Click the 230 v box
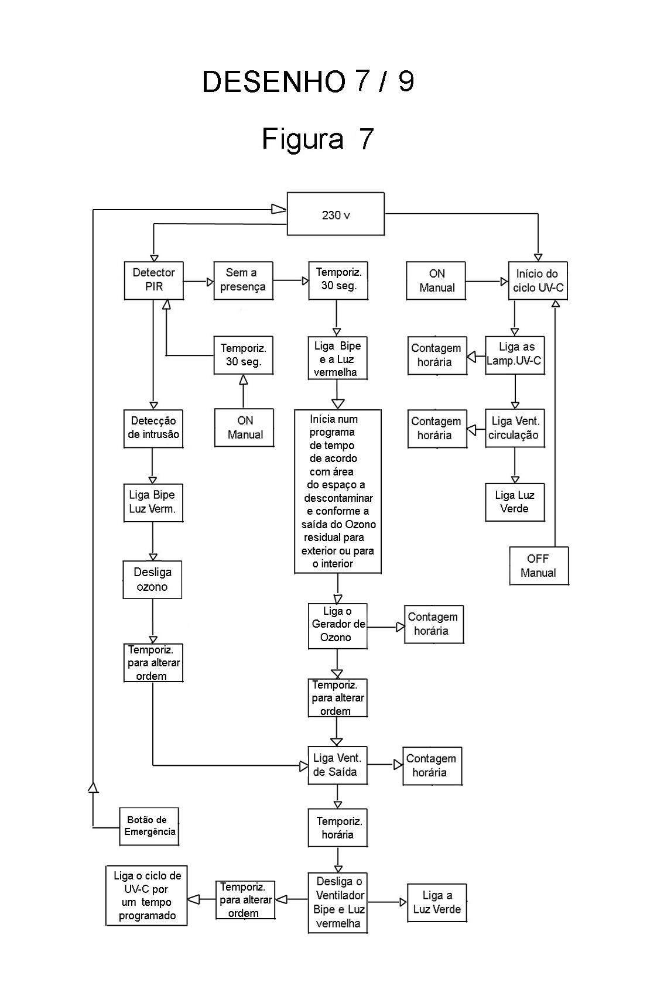[336, 214]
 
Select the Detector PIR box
[153, 280]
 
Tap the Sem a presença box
[242, 280]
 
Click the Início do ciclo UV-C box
[538, 280]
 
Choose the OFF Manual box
[538, 566]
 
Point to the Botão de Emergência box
[149, 826]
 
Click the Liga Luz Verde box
[515, 502]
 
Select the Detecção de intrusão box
[153, 428]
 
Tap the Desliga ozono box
[152, 580]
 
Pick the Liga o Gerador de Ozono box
[337, 625]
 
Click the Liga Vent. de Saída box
[337, 765]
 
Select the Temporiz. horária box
[338, 828]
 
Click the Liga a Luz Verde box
[437, 902]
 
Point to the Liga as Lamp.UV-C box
[515, 355]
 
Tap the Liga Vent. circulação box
[515, 428]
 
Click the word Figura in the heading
[302, 139]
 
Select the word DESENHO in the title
[273, 82]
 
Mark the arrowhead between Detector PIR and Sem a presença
[210, 282]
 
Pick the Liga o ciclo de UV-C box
[146, 895]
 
